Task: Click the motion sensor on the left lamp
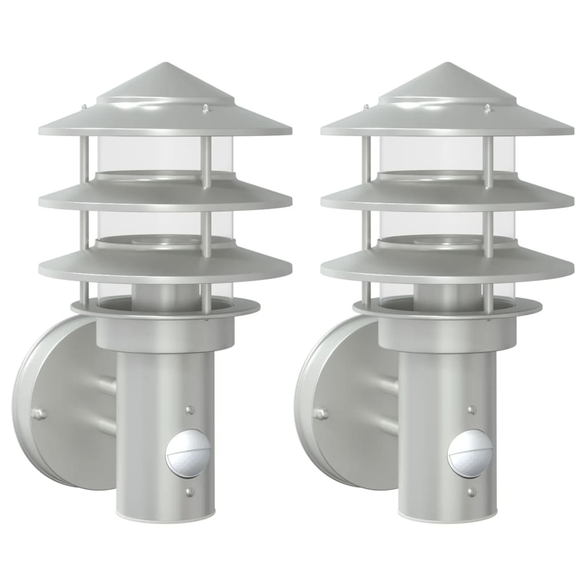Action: (188, 454)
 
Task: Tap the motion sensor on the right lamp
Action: (470, 454)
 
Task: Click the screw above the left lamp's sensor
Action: (190, 410)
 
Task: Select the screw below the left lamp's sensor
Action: (189, 492)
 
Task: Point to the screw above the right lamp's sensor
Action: (472, 410)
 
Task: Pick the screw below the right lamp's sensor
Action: (472, 492)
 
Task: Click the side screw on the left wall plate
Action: (38, 414)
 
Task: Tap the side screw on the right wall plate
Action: (320, 413)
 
